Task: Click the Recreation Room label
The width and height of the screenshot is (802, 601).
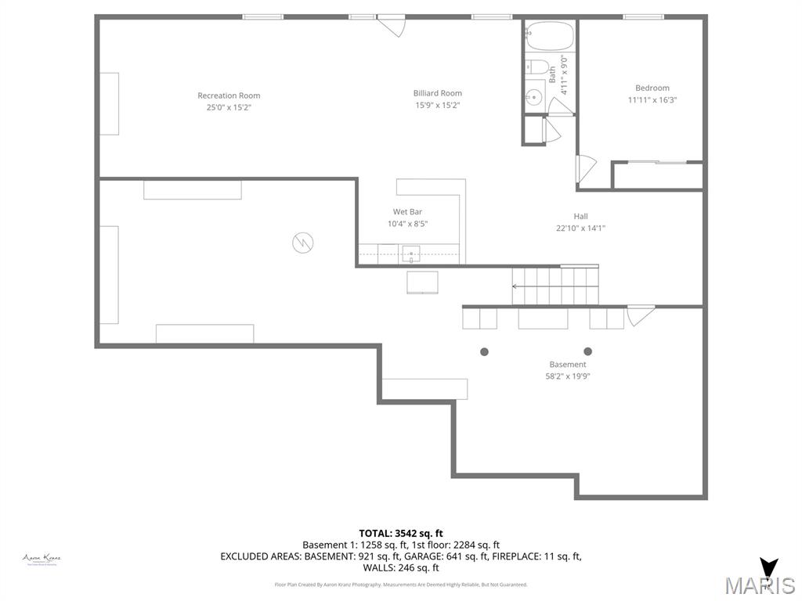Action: click(229, 95)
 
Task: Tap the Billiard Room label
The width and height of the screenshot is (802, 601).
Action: click(437, 93)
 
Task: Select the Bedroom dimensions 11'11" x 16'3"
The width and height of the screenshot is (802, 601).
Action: click(652, 100)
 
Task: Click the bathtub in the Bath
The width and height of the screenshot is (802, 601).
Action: click(550, 35)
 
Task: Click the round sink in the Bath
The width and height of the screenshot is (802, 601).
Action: click(533, 97)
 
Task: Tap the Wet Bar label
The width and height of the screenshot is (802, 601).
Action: click(407, 211)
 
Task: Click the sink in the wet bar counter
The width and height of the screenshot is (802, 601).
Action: click(410, 254)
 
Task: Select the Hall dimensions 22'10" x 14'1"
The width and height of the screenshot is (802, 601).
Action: click(580, 229)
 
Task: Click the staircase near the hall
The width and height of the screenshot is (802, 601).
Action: click(555, 286)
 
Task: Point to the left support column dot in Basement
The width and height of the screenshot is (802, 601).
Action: click(484, 352)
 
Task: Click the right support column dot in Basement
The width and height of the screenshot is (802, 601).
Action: click(587, 351)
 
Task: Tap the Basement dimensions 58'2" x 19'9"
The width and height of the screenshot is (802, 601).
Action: click(567, 376)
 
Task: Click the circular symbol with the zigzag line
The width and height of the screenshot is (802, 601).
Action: click(302, 243)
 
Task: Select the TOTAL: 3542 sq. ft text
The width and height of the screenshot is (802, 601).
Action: click(401, 534)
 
